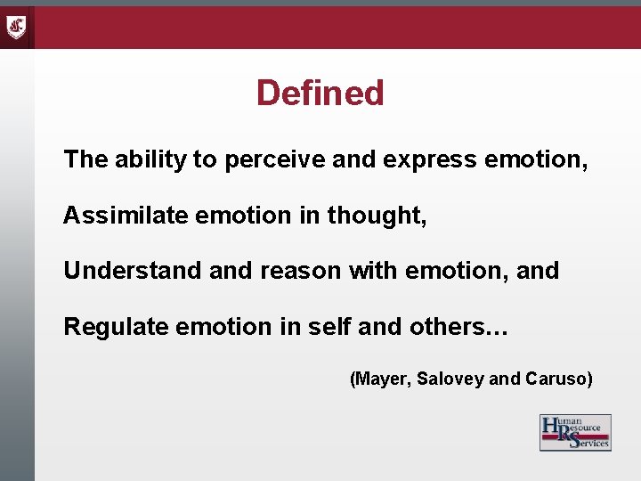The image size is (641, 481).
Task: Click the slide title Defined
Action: [320, 93]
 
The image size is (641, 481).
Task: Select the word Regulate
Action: [117, 327]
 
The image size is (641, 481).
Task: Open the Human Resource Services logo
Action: [575, 433]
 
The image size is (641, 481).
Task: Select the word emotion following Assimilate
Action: [228, 216]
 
